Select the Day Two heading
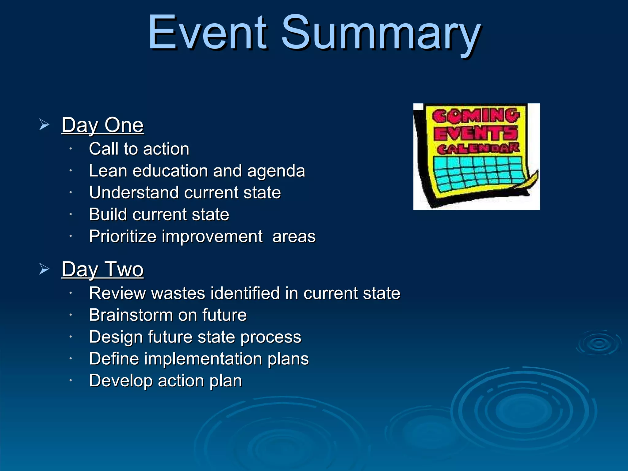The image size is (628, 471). [x=102, y=269]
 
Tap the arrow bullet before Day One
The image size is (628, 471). [x=44, y=125]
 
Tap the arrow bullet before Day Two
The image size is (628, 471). [x=44, y=269]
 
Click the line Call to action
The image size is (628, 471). [x=139, y=149]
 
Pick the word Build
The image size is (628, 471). [x=108, y=214]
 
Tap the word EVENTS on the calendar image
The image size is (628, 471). [x=476, y=133]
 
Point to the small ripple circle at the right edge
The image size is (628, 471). [x=599, y=343]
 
